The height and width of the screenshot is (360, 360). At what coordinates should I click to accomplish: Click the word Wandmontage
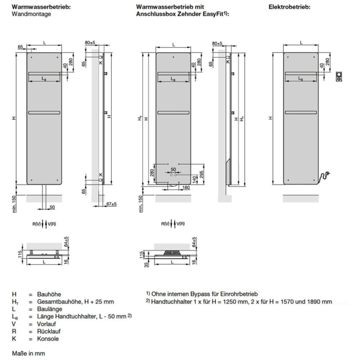[x=31, y=15]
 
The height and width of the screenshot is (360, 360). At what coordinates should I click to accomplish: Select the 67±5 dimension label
[x=111, y=204]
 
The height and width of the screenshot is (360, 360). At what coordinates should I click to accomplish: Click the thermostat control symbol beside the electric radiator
[x=339, y=77]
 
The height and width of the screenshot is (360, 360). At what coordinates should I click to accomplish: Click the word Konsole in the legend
[x=48, y=339]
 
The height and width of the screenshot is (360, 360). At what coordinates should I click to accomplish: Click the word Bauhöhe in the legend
[x=49, y=294]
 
